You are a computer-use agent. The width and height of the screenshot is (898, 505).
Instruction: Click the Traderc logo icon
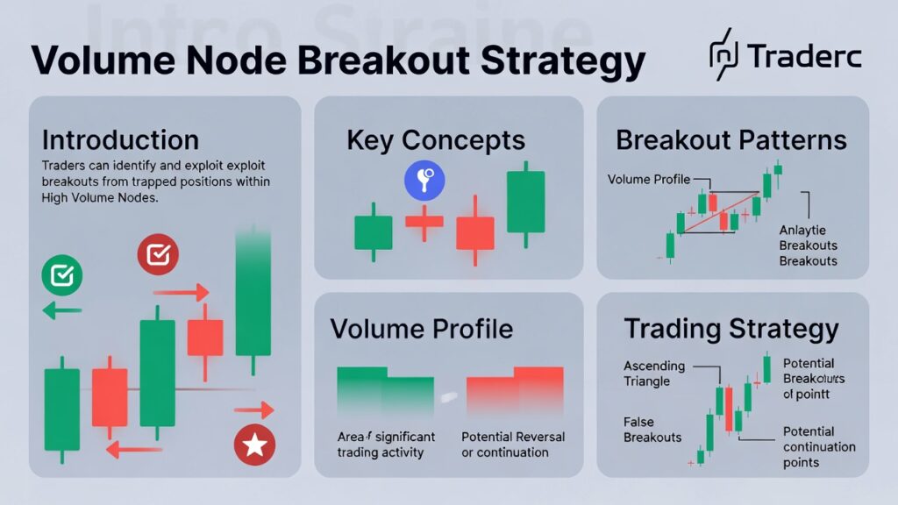(723, 55)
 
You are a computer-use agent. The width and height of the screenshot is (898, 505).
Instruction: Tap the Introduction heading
(120, 140)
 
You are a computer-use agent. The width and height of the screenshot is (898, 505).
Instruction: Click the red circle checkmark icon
(158, 255)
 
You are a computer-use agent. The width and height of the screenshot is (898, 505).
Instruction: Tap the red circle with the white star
(254, 445)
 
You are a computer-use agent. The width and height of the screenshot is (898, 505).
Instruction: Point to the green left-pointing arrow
(61, 309)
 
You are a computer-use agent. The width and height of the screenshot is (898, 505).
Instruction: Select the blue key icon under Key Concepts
(424, 181)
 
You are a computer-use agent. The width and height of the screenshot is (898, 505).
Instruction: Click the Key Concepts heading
(436, 140)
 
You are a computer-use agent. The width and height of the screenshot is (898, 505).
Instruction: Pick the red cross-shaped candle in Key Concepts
(424, 221)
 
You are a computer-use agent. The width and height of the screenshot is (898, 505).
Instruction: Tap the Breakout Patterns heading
(731, 140)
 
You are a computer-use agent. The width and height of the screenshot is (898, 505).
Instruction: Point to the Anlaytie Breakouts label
(808, 245)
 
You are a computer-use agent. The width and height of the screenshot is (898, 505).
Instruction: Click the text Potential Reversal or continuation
(513, 445)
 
